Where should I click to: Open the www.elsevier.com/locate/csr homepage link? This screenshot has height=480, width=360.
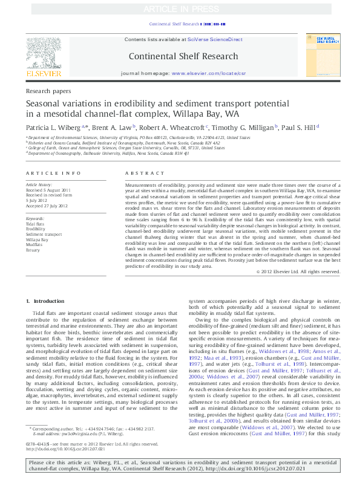pyautogui.click(x=209, y=72)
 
